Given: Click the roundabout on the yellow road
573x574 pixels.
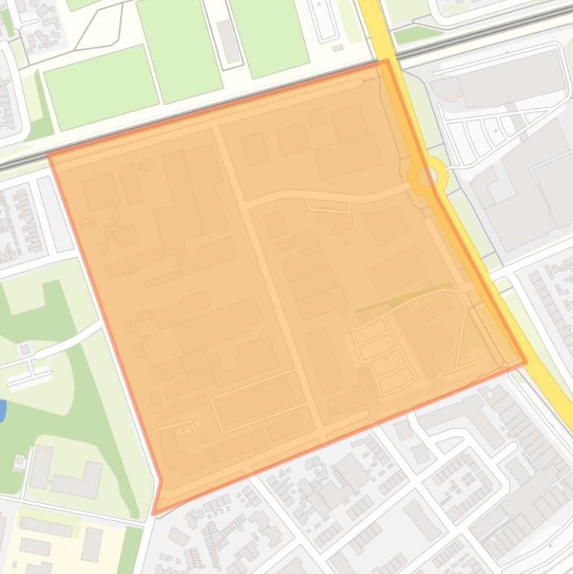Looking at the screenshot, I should pyautogui.click(x=428, y=177).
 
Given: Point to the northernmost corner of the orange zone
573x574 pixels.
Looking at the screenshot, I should pyautogui.click(x=387, y=61).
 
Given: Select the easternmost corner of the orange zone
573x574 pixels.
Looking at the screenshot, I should pyautogui.click(x=526, y=362).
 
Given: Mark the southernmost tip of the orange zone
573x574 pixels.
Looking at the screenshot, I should pyautogui.click(x=154, y=514).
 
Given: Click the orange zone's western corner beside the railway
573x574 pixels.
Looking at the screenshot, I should pyautogui.click(x=50, y=155).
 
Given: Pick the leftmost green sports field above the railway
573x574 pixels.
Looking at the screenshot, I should pyautogui.click(x=101, y=86).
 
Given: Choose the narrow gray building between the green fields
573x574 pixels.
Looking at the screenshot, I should pyautogui.click(x=228, y=41).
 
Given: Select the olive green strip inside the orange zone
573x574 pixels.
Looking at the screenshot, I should pyautogui.click(x=402, y=297).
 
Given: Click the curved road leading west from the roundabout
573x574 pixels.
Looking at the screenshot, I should pyautogui.click(x=328, y=198).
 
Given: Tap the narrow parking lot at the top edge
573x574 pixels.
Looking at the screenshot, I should pyautogui.click(x=325, y=21).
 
